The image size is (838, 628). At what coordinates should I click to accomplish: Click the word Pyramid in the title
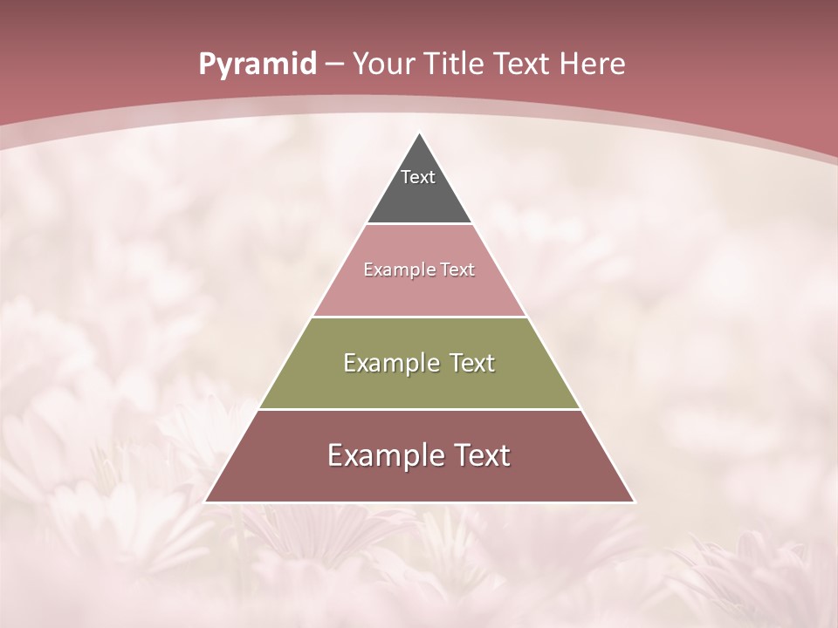coord(257,65)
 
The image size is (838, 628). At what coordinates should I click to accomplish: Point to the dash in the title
coord(333,65)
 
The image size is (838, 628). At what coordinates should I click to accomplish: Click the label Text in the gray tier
coord(418,177)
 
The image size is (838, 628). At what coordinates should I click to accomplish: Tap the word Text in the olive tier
coord(472,363)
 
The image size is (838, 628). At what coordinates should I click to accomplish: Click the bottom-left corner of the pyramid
coord(206,502)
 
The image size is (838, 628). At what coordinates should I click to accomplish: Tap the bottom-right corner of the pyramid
coord(634,502)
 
